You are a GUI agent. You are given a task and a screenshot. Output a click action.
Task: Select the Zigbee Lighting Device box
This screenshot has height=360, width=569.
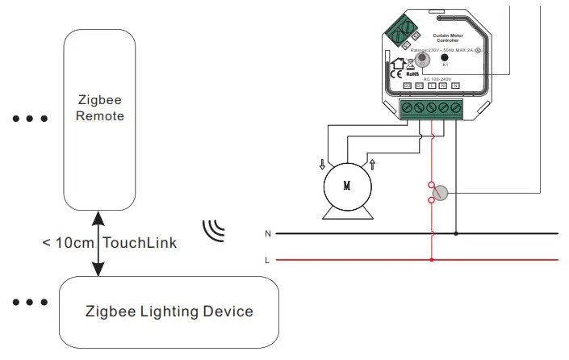point(169,311)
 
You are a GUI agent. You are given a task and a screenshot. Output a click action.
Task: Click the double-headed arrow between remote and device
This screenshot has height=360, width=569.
point(98,242)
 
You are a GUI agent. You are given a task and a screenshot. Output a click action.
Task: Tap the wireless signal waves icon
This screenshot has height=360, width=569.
point(213,229)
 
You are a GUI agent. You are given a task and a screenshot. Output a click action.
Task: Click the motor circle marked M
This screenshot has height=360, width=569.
point(347,186)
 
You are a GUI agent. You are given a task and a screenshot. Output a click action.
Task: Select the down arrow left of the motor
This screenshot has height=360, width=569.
point(323,165)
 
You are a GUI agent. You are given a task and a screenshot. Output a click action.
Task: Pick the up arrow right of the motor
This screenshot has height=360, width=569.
point(372,165)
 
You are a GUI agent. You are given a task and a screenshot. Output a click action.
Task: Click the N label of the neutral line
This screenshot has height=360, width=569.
point(267,233)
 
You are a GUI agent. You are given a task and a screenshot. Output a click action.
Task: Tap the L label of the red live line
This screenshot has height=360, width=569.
point(267,260)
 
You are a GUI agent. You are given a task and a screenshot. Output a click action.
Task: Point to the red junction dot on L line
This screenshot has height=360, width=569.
point(433,260)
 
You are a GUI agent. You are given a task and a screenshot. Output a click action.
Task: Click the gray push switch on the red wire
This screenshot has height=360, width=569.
point(441,192)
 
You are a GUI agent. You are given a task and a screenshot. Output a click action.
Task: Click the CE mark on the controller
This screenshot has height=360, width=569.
point(397,74)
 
